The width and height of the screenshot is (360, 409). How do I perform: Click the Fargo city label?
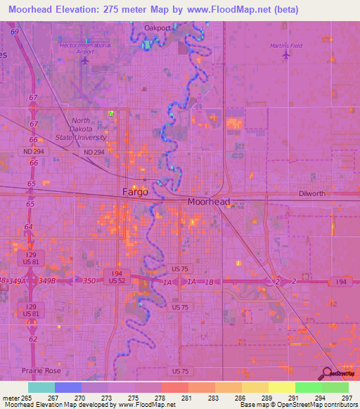coord(135,192)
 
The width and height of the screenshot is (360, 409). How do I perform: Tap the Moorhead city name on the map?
coord(209,202)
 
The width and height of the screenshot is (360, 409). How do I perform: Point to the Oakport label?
coord(157,28)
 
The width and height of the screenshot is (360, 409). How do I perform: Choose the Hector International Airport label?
coord(86,48)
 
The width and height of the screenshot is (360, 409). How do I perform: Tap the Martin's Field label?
coord(285,46)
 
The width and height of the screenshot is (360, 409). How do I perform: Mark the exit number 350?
coord(89,280)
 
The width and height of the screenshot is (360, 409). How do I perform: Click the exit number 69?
coord(15,32)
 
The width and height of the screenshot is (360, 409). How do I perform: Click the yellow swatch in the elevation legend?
coord(281,387)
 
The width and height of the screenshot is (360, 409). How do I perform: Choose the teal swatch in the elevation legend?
coord(41,387)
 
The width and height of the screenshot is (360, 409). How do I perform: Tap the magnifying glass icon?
coord(328,375)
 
